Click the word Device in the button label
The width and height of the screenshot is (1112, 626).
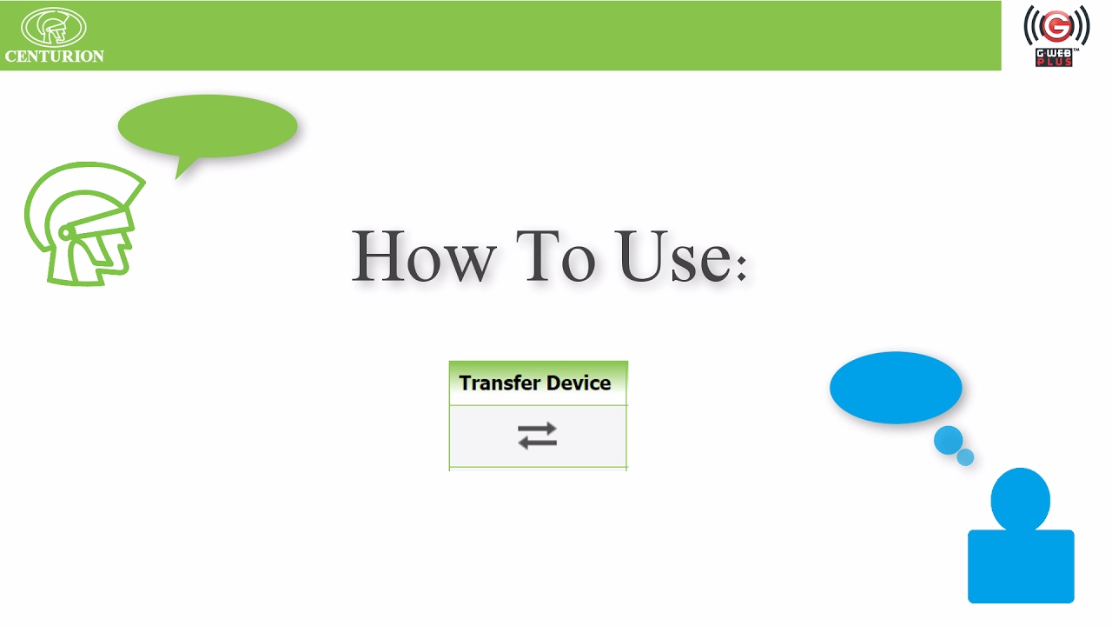[x=578, y=383]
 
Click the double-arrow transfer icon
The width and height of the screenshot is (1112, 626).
[x=537, y=436]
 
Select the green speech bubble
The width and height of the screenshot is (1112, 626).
[x=208, y=126]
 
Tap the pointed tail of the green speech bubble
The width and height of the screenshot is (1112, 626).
[x=182, y=169]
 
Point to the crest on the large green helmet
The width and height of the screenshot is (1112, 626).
[x=104, y=178]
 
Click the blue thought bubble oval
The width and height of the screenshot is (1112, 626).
[x=896, y=388]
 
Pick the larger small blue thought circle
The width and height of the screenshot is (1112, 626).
[x=948, y=440]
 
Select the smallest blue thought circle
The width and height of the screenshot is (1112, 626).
[x=965, y=456]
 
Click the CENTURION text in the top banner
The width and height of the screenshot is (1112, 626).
[x=54, y=57]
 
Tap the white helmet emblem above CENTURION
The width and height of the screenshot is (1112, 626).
[x=54, y=26]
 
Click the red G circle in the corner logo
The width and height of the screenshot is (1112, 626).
[x=1056, y=27]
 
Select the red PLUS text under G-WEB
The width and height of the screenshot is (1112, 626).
[x=1055, y=63]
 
